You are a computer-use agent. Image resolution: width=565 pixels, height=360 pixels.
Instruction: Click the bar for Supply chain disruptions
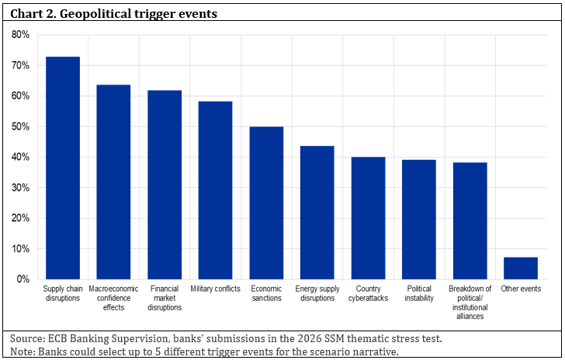pyautogui.click(x=63, y=168)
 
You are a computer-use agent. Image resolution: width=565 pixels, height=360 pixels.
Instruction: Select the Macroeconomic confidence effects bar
pyautogui.click(x=113, y=182)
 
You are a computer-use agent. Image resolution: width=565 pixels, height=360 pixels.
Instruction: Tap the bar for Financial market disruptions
pyautogui.click(x=165, y=185)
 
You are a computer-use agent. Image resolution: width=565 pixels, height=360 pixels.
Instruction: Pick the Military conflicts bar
pyautogui.click(x=216, y=190)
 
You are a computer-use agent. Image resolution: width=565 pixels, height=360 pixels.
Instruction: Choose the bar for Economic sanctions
pyautogui.click(x=267, y=202)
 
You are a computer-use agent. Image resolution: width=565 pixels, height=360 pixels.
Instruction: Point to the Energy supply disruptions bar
pyautogui.click(x=317, y=213)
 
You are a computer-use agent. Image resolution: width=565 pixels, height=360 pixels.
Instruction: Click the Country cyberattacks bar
pyautogui.click(x=368, y=218)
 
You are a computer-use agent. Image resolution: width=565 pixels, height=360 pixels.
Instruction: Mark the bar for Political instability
pyautogui.click(x=419, y=220)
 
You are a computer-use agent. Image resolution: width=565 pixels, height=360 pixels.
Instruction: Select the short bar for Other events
pyautogui.click(x=521, y=268)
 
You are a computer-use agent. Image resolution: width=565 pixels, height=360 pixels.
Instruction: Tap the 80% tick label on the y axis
pyautogui.click(x=20, y=35)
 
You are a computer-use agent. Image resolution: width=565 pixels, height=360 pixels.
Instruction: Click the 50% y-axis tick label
pyautogui.click(x=20, y=126)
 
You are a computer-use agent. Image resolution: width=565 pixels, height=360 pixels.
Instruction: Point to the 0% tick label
pyautogui.click(x=23, y=279)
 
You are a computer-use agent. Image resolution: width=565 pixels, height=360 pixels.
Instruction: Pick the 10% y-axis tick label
pyautogui.click(x=20, y=248)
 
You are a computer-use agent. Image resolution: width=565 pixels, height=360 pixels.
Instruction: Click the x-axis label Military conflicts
pyautogui.click(x=216, y=289)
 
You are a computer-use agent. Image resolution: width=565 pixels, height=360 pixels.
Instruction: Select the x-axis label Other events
pyautogui.click(x=521, y=289)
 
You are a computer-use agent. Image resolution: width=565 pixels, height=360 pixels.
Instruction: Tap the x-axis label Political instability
pyautogui.click(x=419, y=293)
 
